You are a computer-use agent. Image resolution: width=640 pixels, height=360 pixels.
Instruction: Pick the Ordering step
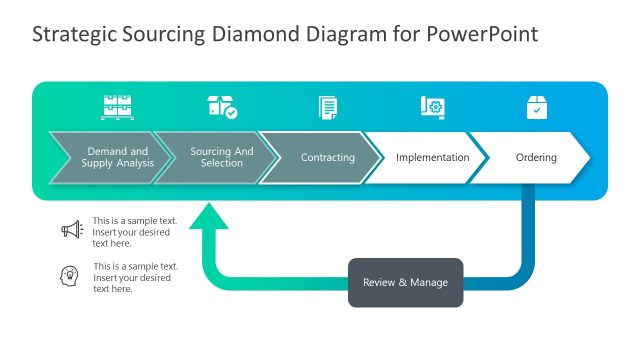point(535,158)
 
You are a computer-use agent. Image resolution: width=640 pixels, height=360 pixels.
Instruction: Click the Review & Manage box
point(405,282)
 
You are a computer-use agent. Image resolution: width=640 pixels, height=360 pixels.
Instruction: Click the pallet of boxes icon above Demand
point(117,107)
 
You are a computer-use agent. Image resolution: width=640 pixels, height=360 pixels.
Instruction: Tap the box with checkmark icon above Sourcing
point(221,107)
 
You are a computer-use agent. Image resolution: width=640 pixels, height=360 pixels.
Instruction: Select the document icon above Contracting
point(327,107)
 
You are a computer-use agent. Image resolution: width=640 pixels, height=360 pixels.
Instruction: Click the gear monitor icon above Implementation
point(432,107)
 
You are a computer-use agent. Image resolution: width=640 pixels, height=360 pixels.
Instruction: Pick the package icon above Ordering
point(537,107)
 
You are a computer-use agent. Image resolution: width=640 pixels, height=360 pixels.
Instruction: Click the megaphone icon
point(71,230)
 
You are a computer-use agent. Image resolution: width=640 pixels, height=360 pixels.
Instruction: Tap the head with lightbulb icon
point(71,276)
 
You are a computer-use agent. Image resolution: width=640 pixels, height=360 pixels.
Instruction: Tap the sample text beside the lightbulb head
point(134,277)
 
